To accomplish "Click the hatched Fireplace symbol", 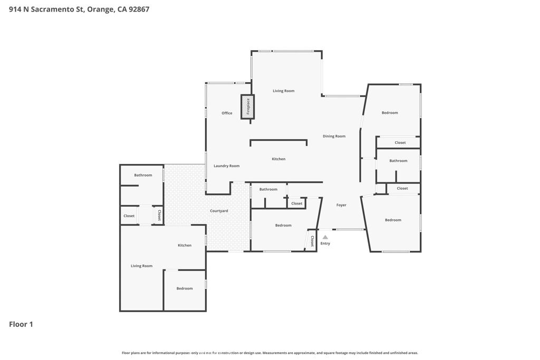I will point(248,106).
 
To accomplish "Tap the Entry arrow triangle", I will point(325,237).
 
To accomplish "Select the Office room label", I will point(227,113).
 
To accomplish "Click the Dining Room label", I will point(334,136).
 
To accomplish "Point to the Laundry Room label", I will point(226,166).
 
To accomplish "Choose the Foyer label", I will point(341,205).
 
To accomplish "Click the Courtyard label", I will point(219,211).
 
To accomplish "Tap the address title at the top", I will point(79,9).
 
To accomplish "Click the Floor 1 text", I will point(21,324).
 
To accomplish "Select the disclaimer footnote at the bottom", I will point(269,353).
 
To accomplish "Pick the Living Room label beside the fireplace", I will point(283,91).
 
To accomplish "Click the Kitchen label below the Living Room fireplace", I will point(278,159).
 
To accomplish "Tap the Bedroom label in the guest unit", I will point(185,288).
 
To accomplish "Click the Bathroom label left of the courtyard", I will point(143,175).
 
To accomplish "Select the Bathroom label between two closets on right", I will point(398,161).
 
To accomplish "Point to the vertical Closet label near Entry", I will point(312,241).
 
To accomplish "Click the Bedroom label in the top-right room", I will point(390,113).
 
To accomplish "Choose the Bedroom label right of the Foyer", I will point(393,220).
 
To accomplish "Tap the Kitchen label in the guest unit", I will point(185,245).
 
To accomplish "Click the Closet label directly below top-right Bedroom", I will point(400,143).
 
